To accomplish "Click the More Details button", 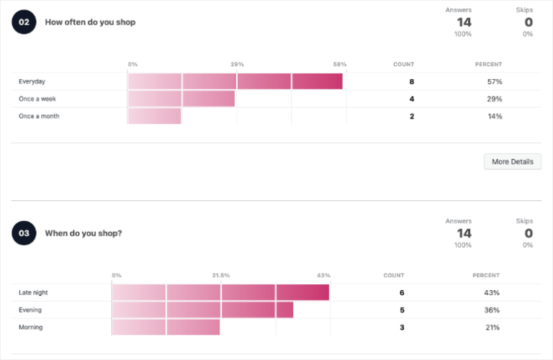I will coord(512,162).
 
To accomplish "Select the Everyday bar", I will coord(235,81).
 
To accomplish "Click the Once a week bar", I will coord(181,99).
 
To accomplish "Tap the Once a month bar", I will coord(154,116).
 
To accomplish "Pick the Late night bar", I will coord(220,292).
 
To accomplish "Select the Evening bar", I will coord(202,310).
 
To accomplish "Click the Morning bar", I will coord(166,327).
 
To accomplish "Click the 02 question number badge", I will coord(24,22).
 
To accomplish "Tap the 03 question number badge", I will coord(24,233).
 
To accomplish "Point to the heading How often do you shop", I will coord(90,22).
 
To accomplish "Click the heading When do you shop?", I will coord(84,233).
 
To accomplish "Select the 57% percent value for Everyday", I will coord(494,81).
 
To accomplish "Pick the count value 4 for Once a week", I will coord(412,99).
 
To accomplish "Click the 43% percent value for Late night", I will coord(492,292).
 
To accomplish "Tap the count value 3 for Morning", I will coord(402,327).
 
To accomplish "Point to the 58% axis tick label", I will coord(339,64).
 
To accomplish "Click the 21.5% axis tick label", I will coord(220,275).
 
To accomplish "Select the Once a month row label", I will coord(39,116).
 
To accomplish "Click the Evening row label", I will coord(30,310).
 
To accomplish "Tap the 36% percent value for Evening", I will coord(492,310).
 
